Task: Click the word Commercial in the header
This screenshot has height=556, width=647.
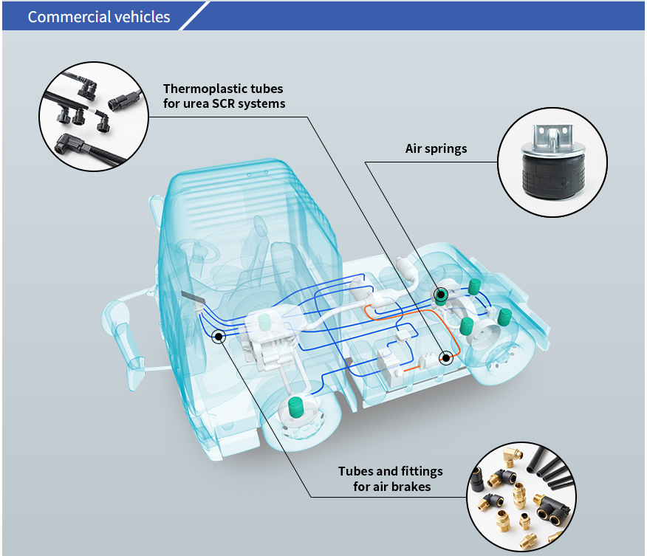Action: (x=61, y=16)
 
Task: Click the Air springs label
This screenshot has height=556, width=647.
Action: (x=436, y=148)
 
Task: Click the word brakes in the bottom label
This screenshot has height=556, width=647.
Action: (x=414, y=487)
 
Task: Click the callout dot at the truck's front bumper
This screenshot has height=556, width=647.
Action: (x=219, y=337)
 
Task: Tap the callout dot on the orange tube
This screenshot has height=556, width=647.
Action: (x=445, y=358)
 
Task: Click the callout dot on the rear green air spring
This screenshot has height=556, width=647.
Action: (x=440, y=293)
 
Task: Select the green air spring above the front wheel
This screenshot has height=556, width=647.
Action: (x=295, y=405)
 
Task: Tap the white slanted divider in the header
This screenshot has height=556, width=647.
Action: (x=194, y=16)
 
